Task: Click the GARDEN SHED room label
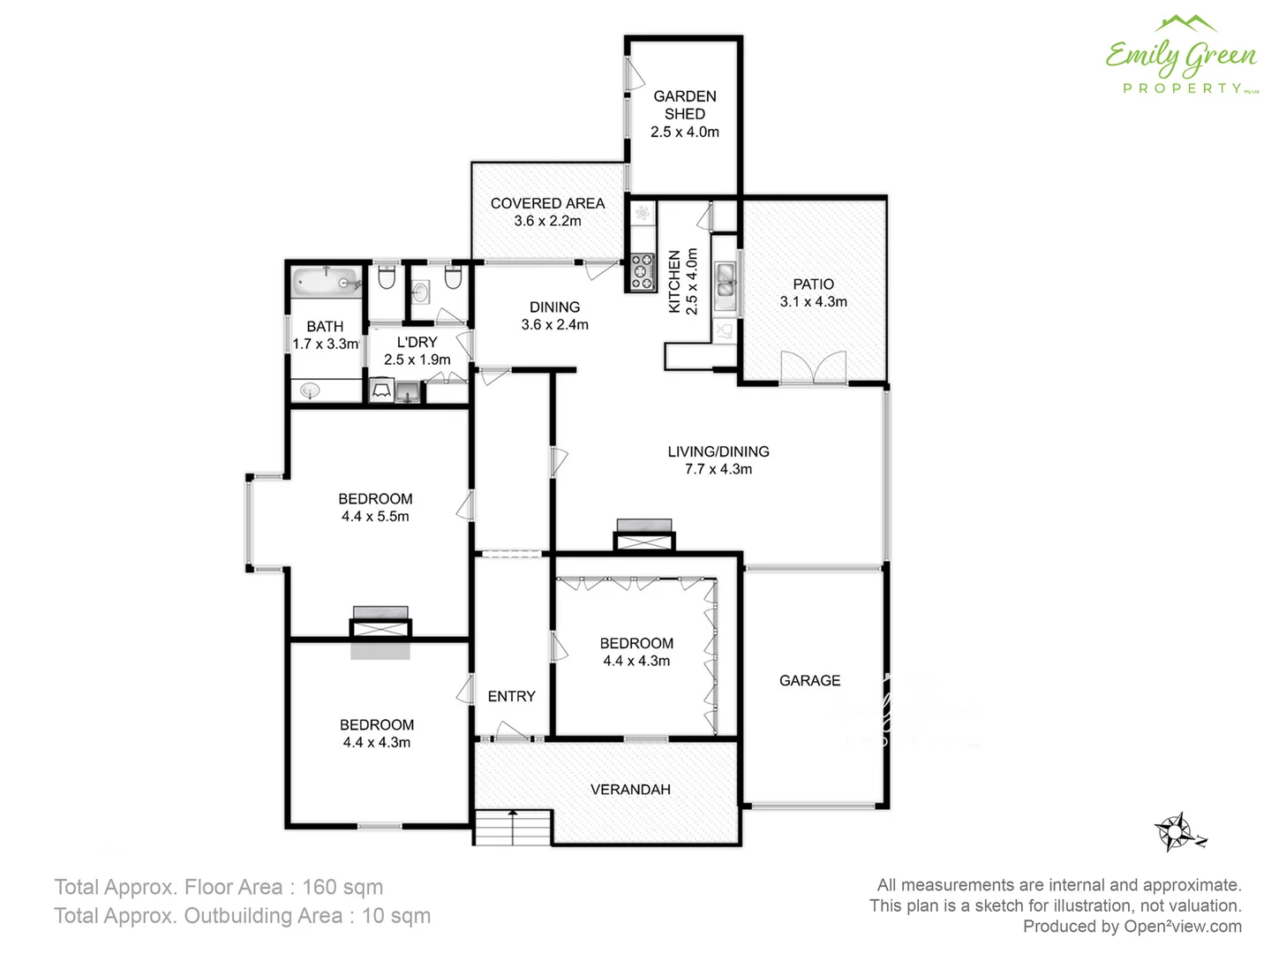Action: click(x=685, y=105)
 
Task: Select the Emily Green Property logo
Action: click(x=1181, y=57)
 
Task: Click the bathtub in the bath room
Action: click(x=327, y=282)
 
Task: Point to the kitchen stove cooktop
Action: click(x=642, y=272)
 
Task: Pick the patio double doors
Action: click(x=813, y=367)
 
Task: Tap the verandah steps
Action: click(x=513, y=828)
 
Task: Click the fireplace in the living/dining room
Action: click(x=644, y=534)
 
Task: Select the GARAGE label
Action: click(x=809, y=680)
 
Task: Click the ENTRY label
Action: click(x=511, y=696)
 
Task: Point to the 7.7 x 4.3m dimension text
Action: click(x=718, y=469)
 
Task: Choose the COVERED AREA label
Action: click(x=547, y=203)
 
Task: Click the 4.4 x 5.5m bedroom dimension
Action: click(x=375, y=517)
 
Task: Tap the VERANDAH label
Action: click(x=630, y=789)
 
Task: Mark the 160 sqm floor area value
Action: click(x=342, y=887)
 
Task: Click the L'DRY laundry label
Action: click(x=417, y=342)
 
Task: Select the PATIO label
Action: click(x=813, y=284)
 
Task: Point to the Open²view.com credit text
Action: click(x=1183, y=926)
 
